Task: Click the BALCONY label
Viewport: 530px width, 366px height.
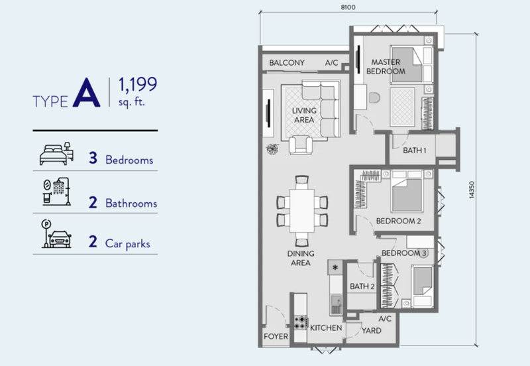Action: [287, 62]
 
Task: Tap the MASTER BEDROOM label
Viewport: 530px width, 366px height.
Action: [386, 67]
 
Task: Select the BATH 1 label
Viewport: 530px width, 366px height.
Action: [415, 151]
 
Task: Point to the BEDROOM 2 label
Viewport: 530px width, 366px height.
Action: [399, 221]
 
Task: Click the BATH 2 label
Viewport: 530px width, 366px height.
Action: [362, 286]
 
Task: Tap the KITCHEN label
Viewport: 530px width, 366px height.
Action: [326, 328]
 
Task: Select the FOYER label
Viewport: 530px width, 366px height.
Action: [276, 336]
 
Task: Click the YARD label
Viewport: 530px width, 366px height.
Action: [372, 330]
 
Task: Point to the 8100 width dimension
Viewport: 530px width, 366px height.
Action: [348, 7]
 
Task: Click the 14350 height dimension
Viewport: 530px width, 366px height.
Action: [472, 190]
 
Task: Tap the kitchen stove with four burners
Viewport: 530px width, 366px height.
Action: [301, 322]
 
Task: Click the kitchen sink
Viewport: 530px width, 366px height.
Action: [336, 305]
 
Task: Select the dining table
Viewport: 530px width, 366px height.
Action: [302, 210]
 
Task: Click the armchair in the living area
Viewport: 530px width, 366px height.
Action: [301, 145]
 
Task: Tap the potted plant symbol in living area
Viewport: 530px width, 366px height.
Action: [272, 149]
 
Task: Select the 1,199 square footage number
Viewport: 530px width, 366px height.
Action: [138, 85]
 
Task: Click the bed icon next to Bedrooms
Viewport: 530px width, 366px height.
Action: [56, 154]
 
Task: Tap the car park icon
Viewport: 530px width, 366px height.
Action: [56, 234]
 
